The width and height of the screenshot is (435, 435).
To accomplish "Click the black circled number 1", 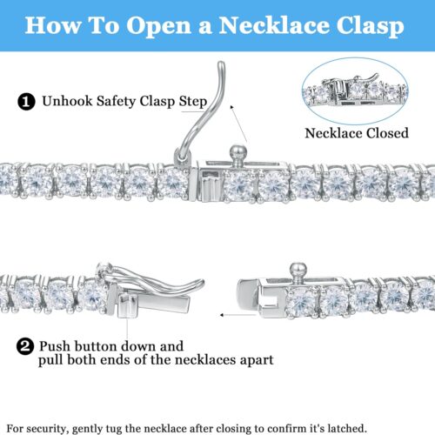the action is (x=26, y=102).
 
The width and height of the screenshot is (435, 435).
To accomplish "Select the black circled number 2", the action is (x=25, y=346).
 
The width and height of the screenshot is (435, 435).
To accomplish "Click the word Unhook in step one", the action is (x=68, y=101).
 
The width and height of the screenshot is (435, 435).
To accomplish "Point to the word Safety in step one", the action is (x=117, y=102).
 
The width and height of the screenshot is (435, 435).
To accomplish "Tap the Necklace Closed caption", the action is (x=357, y=133).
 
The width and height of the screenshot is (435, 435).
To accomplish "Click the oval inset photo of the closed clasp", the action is (x=355, y=90).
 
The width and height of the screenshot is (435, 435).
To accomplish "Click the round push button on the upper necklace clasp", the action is (x=238, y=153).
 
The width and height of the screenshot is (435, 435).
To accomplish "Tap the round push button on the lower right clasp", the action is (x=298, y=271).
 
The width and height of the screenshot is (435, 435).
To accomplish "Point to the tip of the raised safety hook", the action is (x=221, y=64).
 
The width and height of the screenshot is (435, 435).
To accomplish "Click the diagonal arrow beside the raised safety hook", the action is (x=238, y=124).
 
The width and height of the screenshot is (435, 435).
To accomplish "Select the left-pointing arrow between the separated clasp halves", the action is (x=238, y=315).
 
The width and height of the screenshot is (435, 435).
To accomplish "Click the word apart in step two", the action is (x=256, y=360).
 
